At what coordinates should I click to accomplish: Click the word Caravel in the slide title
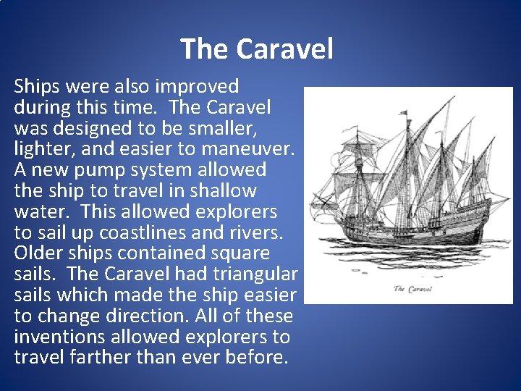[x=284, y=49]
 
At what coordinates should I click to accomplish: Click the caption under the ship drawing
[x=412, y=289]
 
